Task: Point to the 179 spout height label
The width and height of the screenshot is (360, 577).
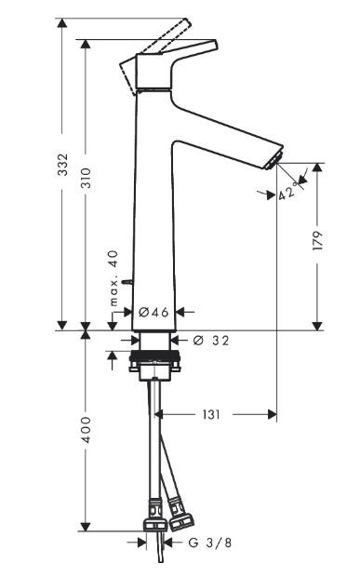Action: [318, 240]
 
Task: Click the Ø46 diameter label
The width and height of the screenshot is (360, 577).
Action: [154, 313]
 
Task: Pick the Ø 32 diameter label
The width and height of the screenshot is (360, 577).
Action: [212, 341]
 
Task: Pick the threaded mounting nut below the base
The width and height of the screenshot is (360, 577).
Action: [154, 358]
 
